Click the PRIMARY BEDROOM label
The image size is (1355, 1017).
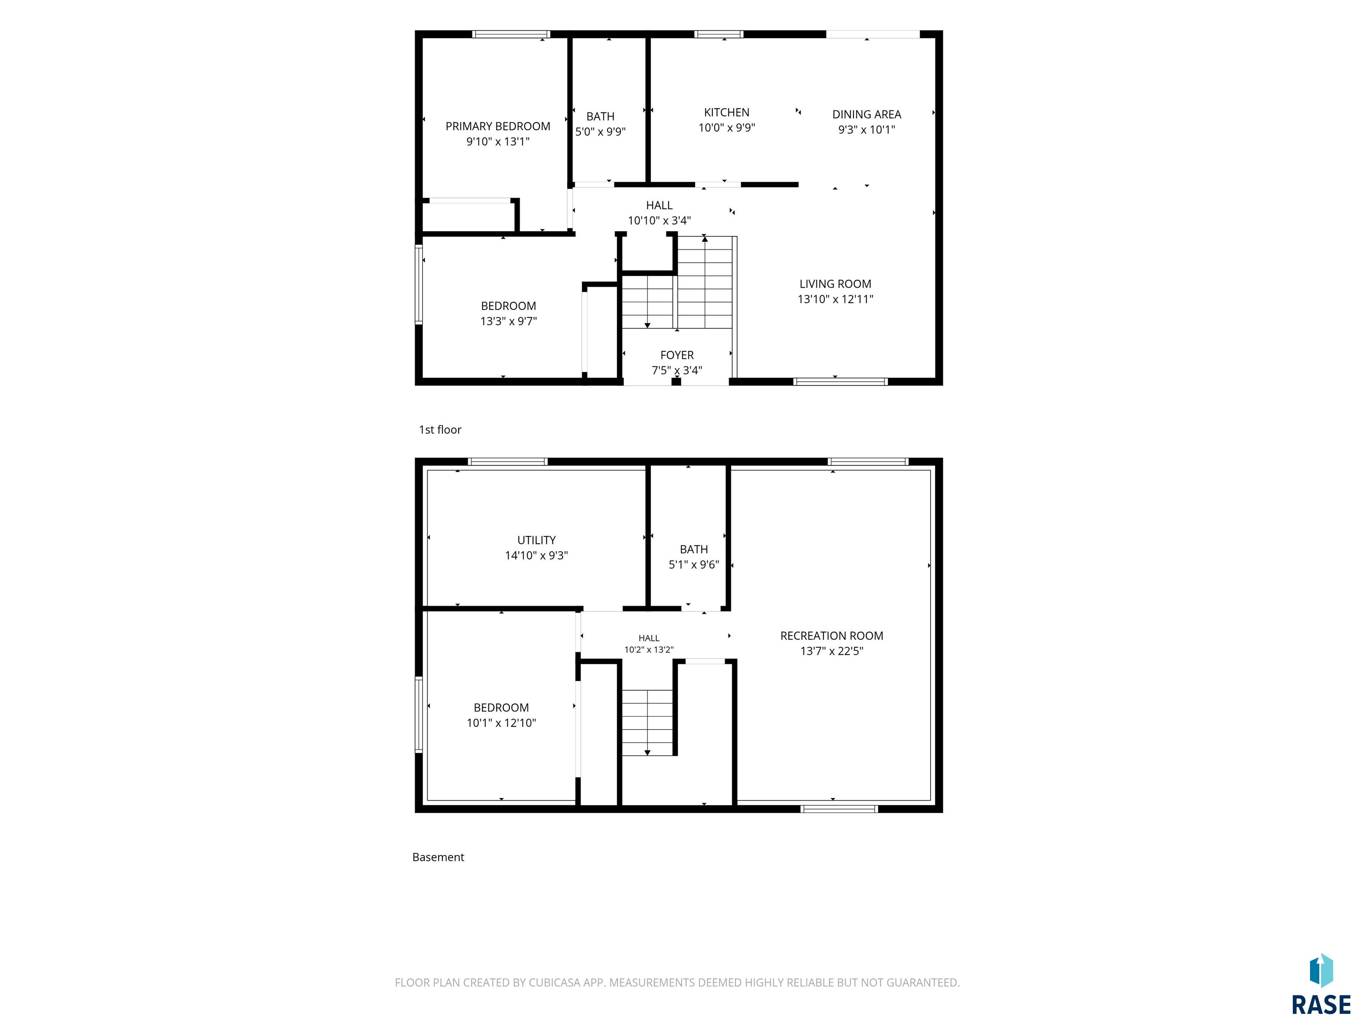[x=498, y=126]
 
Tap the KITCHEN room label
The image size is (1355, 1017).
[x=726, y=112]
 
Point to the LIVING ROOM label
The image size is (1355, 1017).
[x=835, y=284]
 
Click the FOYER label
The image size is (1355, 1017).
[x=677, y=355]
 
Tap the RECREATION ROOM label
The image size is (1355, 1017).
[x=831, y=636]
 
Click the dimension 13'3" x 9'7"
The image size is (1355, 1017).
[x=509, y=321]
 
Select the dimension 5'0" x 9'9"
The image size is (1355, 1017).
[x=600, y=132]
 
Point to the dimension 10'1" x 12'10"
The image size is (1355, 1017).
[x=501, y=723]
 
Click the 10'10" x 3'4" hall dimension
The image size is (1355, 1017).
[x=659, y=221]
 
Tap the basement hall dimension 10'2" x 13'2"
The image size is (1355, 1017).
[x=649, y=650]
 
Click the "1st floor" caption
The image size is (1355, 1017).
[x=440, y=430]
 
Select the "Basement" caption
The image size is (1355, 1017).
[x=438, y=857]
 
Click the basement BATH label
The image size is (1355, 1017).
[x=693, y=549]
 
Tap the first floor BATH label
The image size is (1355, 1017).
[x=600, y=117]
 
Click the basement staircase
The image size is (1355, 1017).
[x=648, y=723]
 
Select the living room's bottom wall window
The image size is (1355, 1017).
[x=840, y=381]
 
